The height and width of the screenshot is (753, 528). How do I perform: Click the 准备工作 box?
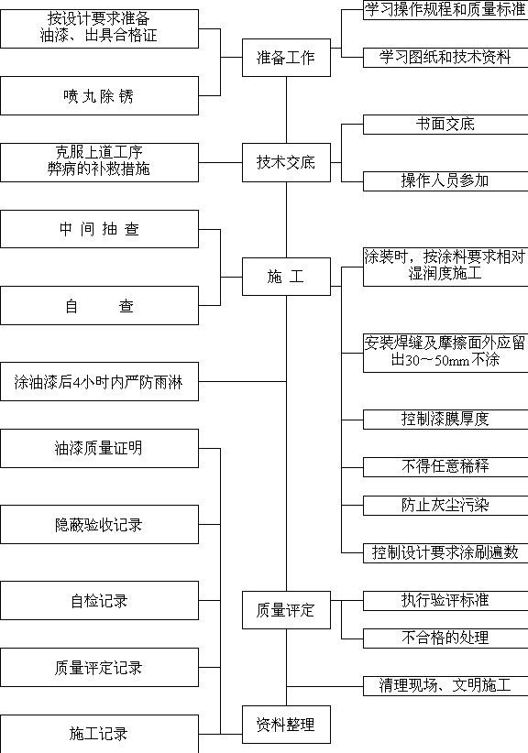(x=286, y=58)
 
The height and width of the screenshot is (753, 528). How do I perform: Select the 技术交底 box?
(x=286, y=162)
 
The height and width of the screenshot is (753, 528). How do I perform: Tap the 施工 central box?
(x=286, y=277)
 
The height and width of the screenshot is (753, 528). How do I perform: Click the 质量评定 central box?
(x=286, y=610)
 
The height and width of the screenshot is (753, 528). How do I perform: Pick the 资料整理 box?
(x=286, y=725)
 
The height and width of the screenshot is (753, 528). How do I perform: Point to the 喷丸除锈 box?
(x=99, y=95)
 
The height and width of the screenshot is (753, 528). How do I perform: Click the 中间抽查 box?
(x=99, y=229)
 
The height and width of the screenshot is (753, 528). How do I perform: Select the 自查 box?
(x=99, y=305)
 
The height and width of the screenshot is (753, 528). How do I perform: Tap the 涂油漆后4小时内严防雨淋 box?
(x=99, y=382)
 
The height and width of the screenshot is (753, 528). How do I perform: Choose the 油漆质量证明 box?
(x=99, y=449)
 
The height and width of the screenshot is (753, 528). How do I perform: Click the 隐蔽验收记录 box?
(x=99, y=524)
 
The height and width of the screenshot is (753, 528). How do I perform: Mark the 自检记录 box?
(x=99, y=600)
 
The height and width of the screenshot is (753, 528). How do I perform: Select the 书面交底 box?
(x=445, y=125)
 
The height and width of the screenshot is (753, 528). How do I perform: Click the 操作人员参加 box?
(x=445, y=181)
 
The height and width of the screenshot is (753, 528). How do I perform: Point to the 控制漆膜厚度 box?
(x=445, y=420)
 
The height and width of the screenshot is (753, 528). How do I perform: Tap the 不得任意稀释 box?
(x=445, y=467)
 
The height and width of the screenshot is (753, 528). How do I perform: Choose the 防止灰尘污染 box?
(x=445, y=506)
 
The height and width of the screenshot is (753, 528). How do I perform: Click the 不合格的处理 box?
(x=445, y=638)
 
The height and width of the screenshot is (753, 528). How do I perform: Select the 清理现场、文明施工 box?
(x=445, y=686)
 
